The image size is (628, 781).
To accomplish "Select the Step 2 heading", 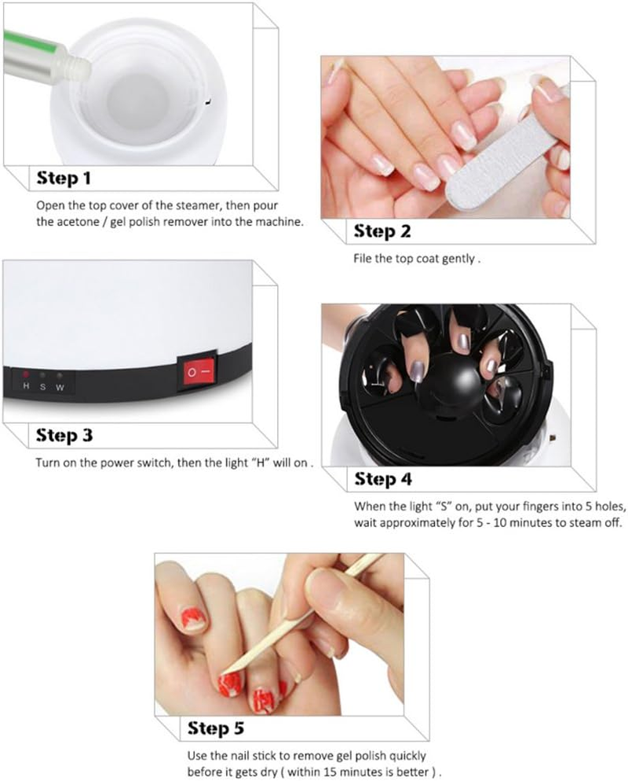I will tap(382, 231).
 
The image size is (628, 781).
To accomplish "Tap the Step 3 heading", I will tap(64, 435).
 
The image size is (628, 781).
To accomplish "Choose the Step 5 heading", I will tap(216, 729).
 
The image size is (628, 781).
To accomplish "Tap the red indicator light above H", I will tap(26, 376).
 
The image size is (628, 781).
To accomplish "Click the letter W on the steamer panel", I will tap(60, 387).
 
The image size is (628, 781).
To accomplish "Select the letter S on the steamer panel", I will tap(43, 387).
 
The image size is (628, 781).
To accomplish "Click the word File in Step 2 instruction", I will tap(363, 258).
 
